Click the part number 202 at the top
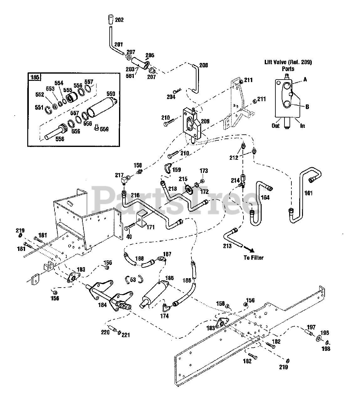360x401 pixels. [x=119, y=20]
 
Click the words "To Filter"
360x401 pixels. [x=253, y=258]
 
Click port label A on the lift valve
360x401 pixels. [x=305, y=80]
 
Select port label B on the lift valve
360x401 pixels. [x=307, y=107]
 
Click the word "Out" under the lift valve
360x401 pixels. [x=276, y=126]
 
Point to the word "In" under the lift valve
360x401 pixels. [x=302, y=126]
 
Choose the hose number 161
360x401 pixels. [x=309, y=193]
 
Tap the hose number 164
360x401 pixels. [x=265, y=197]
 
